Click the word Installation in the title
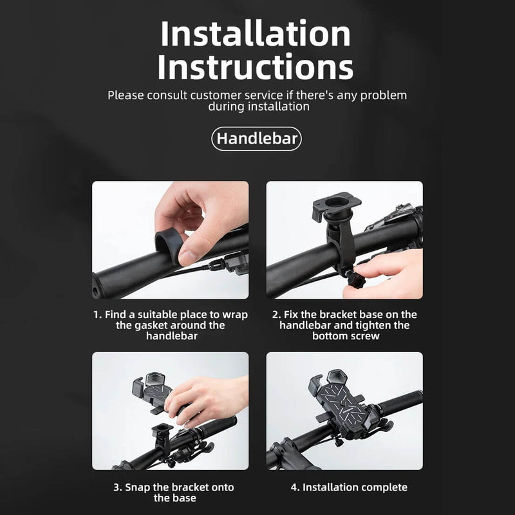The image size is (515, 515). pos(256,33)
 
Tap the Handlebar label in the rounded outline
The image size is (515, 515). pos(257,138)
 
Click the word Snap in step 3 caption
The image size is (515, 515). pos(137,487)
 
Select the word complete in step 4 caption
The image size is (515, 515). pos(384,487)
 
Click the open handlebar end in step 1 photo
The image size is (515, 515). pos(97,288)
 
